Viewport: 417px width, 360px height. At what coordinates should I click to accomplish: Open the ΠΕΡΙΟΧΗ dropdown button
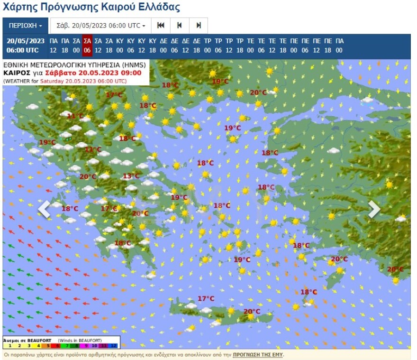pyautogui.click(x=26, y=26)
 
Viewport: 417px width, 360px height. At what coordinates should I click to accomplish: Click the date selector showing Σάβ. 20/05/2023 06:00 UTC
pyautogui.click(x=100, y=26)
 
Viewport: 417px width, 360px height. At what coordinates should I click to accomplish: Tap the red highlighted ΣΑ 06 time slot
pyautogui.click(x=87, y=46)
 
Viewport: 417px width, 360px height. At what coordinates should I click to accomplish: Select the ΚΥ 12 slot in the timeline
pyautogui.click(x=142, y=46)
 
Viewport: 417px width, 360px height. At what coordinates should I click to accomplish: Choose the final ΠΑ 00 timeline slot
pyautogui.click(x=339, y=46)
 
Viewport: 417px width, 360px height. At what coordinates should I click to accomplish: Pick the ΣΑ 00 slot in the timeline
pyautogui.click(x=76, y=46)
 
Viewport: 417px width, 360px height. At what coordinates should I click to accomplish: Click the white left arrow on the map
pyautogui.click(x=44, y=209)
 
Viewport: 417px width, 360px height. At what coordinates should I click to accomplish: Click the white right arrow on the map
pyautogui.click(x=374, y=209)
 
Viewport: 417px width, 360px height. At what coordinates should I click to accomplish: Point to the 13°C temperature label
pyautogui.click(x=131, y=176)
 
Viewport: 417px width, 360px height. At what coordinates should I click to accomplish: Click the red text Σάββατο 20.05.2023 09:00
pyautogui.click(x=93, y=73)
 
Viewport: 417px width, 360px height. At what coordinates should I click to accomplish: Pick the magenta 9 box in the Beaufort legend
pyautogui.click(x=86, y=346)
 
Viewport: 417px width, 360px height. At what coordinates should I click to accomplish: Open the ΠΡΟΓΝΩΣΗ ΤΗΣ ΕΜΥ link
pyautogui.click(x=258, y=355)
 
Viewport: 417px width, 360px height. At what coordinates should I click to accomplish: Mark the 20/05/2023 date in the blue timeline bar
pyautogui.click(x=26, y=41)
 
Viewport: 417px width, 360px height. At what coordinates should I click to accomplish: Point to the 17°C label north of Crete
pyautogui.click(x=206, y=298)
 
